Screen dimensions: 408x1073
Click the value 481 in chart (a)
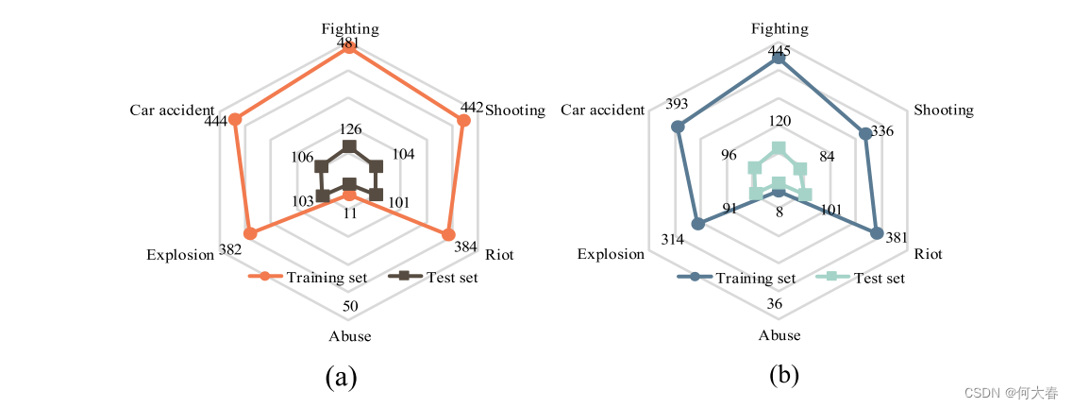point(349,43)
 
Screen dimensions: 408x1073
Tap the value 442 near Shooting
point(472,107)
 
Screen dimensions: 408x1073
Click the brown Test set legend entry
point(435,277)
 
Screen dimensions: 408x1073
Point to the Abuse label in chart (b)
point(780,335)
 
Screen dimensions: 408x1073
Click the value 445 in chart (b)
point(780,51)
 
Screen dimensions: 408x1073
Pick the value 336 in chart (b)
point(882,130)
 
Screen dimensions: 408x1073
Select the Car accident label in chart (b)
point(602,110)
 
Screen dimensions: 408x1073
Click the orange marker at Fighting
point(349,47)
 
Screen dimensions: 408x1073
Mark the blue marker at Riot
point(877,234)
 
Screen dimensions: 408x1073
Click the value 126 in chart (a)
point(349,129)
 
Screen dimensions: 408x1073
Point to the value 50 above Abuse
point(350,306)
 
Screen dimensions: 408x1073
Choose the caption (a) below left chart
point(341,377)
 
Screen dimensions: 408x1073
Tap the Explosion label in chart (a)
point(180,255)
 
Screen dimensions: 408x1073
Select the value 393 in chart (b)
point(676,103)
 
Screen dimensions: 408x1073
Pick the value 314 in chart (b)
point(672,240)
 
